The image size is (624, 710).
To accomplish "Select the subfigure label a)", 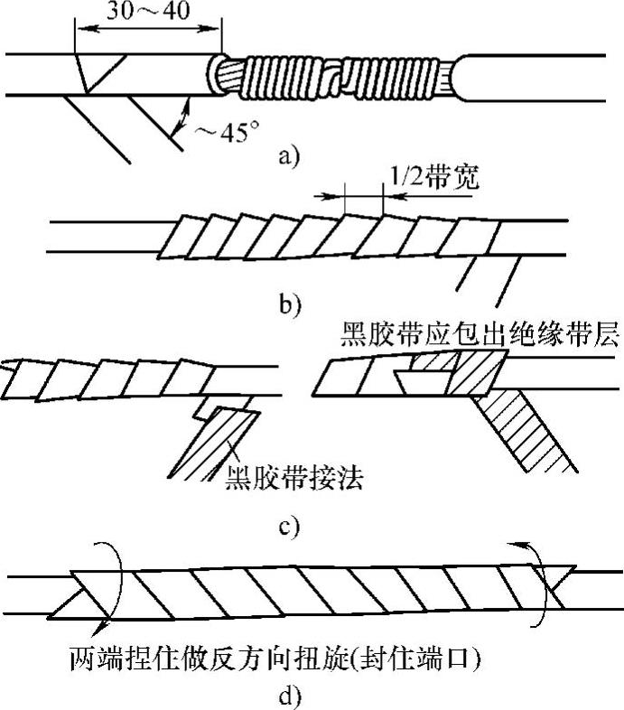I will (x=286, y=157).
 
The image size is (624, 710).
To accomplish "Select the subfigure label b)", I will (x=288, y=303).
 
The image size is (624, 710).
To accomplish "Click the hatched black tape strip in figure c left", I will (x=217, y=447).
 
